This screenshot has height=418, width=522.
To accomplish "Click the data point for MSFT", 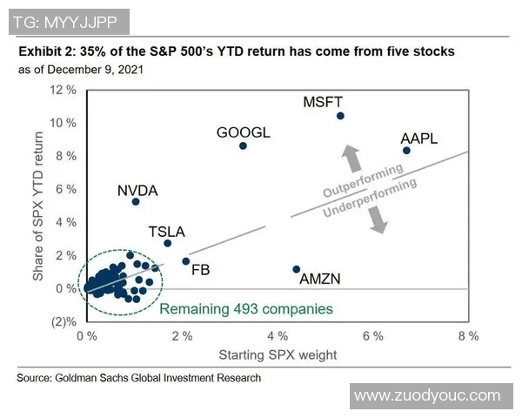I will (340, 116).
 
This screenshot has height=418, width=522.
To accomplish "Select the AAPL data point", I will (406, 151).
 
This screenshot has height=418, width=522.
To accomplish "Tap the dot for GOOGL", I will (243, 145).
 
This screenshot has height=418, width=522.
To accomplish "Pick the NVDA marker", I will (136, 201).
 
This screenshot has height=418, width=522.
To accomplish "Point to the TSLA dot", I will (167, 243).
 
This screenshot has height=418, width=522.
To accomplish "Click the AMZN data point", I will (297, 269).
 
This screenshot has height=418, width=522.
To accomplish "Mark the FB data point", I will (185, 260).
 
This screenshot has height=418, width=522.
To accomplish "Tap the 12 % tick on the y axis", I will (65, 90).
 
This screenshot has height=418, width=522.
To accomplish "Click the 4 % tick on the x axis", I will (278, 336).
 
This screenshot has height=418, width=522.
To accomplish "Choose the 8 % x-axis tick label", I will (468, 336).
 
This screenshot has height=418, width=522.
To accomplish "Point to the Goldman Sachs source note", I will (139, 378).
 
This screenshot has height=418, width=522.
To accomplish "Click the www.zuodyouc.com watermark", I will (428, 395).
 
